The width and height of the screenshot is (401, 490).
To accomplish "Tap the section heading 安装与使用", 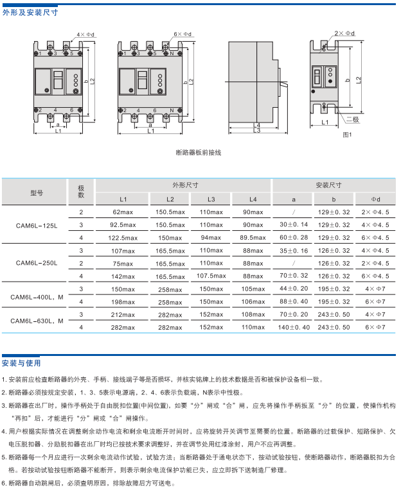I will (21, 362).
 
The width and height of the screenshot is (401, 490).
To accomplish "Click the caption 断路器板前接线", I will (198, 153).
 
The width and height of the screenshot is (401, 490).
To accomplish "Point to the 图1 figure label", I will (348, 134).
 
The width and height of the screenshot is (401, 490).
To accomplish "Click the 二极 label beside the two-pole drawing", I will (352, 119).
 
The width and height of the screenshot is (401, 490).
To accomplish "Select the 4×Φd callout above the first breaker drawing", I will (85, 33).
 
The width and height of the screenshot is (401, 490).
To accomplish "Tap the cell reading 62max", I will (123, 212).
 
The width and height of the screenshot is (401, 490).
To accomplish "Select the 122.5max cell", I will (123, 238).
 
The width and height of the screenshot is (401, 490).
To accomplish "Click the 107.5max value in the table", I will (211, 276).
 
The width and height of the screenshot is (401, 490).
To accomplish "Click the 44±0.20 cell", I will (294, 289).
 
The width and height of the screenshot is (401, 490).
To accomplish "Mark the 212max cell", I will (123, 314).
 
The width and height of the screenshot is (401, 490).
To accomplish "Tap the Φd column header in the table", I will (376, 199).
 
